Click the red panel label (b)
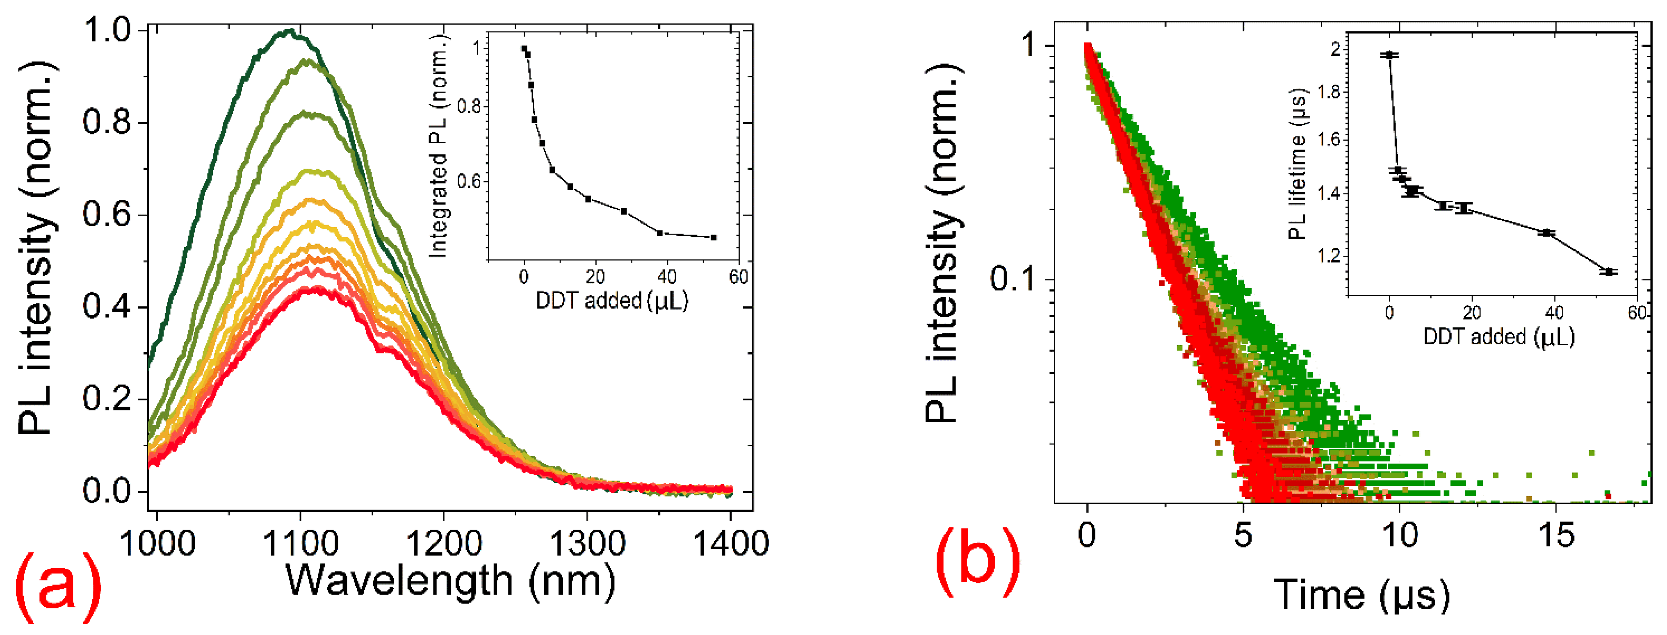click(977, 561)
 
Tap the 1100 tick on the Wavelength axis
click(300, 543)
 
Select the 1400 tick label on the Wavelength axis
click(731, 543)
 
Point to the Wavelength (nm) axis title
click(451, 580)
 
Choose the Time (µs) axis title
click(1361, 594)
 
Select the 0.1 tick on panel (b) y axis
click(1017, 279)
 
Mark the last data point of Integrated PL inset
click(714, 237)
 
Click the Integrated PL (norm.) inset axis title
click(439, 146)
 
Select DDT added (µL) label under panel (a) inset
click(611, 300)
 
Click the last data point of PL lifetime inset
click(1608, 272)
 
